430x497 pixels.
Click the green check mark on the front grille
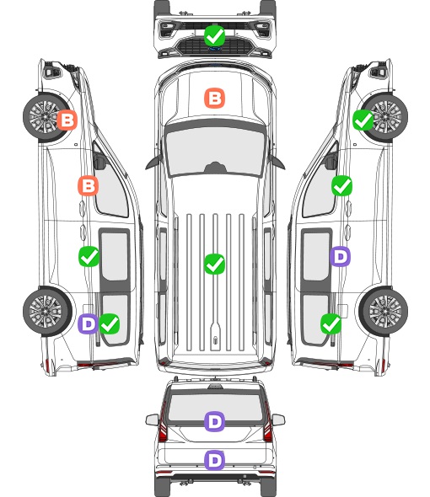pos(214,36)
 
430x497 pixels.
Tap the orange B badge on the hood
pos(214,98)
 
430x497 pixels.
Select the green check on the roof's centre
pos(214,264)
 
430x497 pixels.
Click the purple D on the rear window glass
pos(214,421)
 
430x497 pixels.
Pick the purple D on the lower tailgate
pos(214,460)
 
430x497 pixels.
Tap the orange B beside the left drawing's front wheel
pos(67,120)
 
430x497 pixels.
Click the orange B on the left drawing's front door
pos(89,185)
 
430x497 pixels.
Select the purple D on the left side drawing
pos(88,323)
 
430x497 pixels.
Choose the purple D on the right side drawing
pos(340,256)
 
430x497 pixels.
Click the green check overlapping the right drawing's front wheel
pos(363,120)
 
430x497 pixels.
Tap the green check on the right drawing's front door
pos(341,185)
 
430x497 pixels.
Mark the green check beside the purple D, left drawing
pos(110,323)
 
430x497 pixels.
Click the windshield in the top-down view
pos(215,150)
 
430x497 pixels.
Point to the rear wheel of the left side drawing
pos(47,311)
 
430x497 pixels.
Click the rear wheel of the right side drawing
pos(384,311)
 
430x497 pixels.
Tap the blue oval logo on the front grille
pos(215,49)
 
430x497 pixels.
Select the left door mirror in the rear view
pos(153,420)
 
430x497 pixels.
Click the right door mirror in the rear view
pos(278,420)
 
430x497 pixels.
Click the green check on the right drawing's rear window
pos(331,323)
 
